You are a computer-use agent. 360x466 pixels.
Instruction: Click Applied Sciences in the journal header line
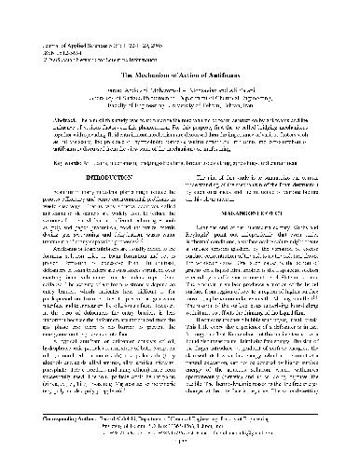point(85,20)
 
